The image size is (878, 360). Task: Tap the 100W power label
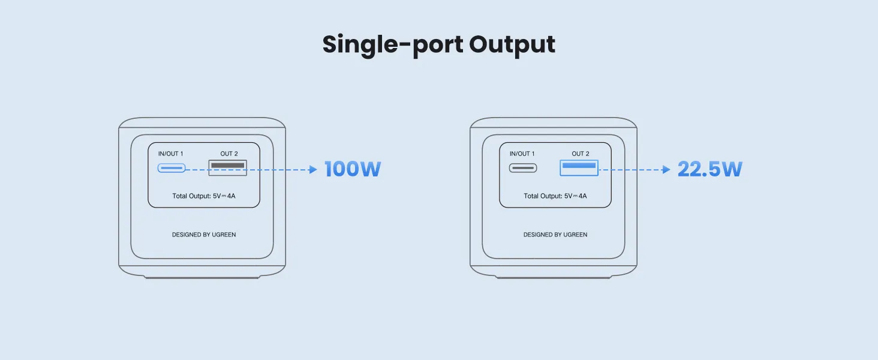[353, 169]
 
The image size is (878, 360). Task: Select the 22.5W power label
[710, 169]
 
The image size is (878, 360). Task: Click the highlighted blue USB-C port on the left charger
[172, 168]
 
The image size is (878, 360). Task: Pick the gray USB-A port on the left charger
[228, 167]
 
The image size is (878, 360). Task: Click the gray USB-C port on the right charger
[523, 168]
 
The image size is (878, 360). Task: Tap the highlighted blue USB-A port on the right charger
[579, 167]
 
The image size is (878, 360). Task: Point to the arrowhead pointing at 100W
[313, 169]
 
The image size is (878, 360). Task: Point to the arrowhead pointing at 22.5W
[666, 169]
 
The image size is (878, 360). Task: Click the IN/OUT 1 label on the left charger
[170, 154]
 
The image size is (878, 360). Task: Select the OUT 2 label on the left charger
[229, 154]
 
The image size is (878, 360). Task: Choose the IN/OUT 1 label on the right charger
[522, 154]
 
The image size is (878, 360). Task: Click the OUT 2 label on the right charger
[581, 154]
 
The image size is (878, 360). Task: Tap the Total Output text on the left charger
[204, 196]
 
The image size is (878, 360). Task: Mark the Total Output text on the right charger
[555, 196]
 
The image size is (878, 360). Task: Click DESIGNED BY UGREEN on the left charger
[204, 235]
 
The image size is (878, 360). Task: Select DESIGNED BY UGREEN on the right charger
[555, 235]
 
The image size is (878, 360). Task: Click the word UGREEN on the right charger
[575, 235]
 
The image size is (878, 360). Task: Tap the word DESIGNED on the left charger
[187, 235]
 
